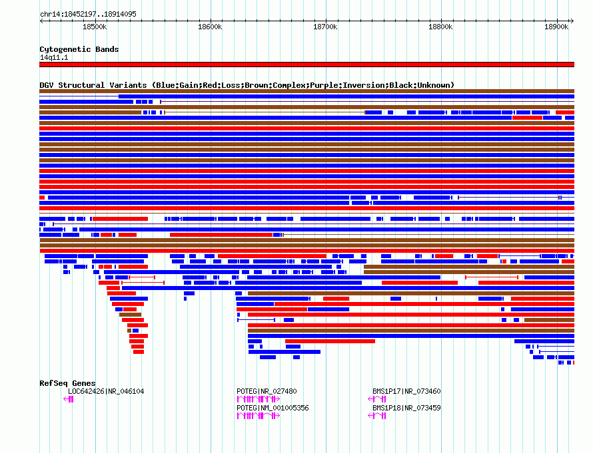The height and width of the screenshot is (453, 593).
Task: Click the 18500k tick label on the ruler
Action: coord(95,27)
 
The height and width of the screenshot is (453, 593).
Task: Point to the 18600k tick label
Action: coord(210,27)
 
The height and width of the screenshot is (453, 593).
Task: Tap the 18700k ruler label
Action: coord(325,27)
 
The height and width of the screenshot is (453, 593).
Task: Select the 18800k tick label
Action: coord(440,27)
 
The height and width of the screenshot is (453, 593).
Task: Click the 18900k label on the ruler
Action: coord(556,27)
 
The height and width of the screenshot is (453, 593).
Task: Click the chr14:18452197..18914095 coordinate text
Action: coord(88,15)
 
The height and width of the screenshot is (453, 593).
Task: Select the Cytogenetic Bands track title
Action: coord(79,49)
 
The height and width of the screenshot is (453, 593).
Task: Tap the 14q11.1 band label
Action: coord(54,57)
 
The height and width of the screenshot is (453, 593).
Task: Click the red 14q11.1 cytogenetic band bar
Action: coord(306,65)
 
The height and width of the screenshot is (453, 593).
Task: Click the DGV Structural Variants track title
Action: coord(247,85)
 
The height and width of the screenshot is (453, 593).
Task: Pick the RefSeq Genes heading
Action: coord(67,383)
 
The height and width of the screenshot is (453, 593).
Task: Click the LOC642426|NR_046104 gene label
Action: coord(106,391)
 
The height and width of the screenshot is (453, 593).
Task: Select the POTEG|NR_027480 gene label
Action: coord(267,391)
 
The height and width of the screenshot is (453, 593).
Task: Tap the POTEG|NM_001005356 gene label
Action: coord(273,408)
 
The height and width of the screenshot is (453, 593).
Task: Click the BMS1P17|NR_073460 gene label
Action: coord(406,391)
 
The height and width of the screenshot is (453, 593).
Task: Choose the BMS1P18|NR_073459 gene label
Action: coord(406,408)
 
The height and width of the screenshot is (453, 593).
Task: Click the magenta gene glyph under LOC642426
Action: coord(69,399)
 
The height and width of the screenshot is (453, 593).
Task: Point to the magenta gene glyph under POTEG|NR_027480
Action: coord(259,399)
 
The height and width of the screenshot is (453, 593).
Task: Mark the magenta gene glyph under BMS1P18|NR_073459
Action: coord(377,416)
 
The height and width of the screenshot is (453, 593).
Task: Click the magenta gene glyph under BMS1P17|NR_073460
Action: coord(377,399)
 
